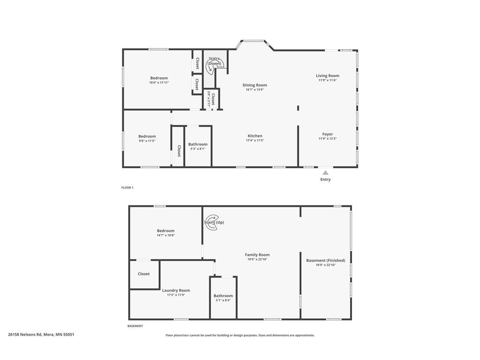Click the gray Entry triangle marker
[325, 172]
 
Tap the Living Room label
[328, 75]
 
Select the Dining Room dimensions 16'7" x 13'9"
[255, 90]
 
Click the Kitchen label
[255, 136]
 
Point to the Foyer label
[328, 134]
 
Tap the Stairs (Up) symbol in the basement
[212, 223]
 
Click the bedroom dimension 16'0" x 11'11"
[159, 82]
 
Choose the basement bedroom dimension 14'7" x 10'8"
[165, 235]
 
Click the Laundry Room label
[176, 290]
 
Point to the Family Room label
[257, 255]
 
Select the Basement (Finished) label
[326, 261]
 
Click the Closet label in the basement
[143, 274]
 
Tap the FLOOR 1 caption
[127, 187]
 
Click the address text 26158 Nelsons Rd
[25, 335]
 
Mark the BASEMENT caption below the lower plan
[135, 326]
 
